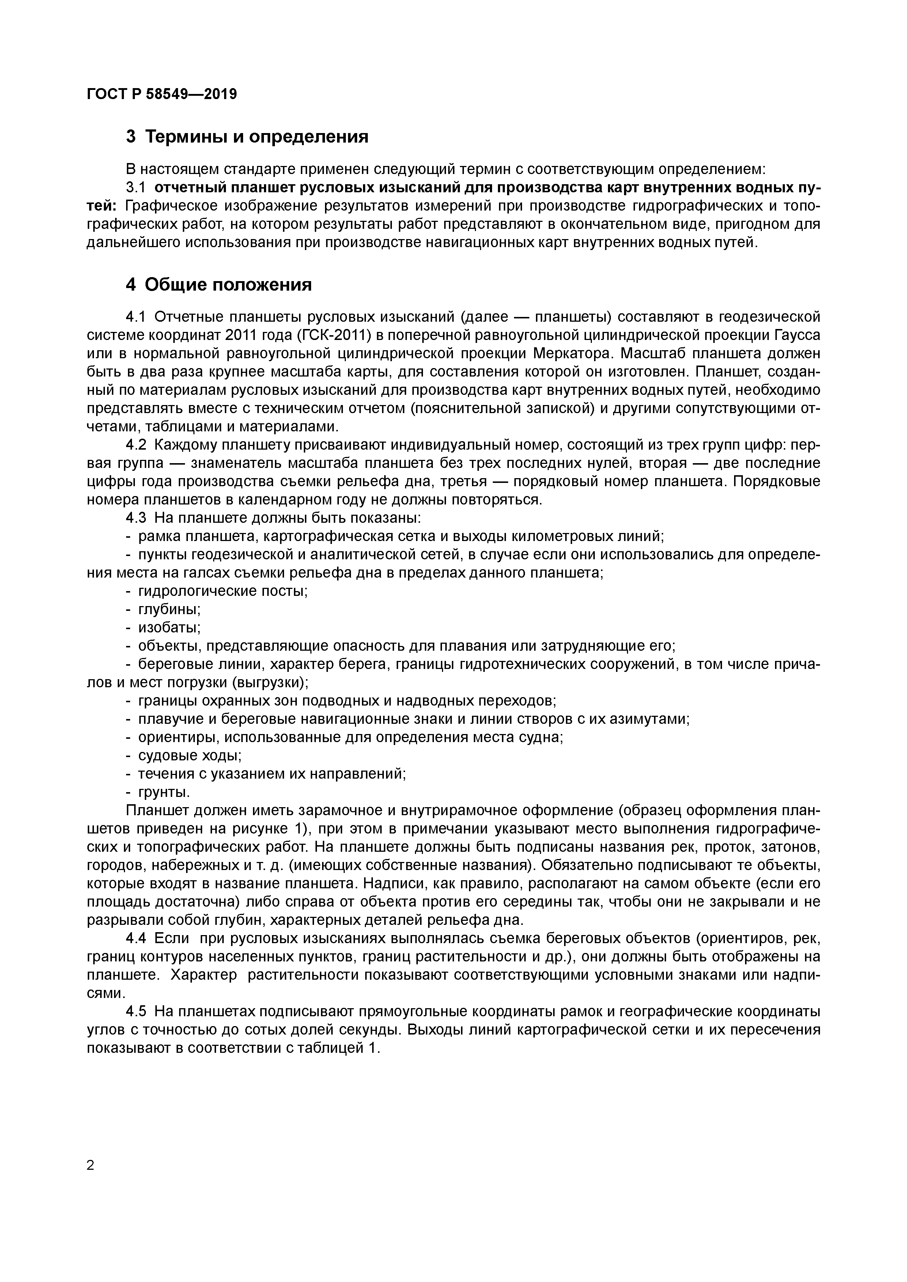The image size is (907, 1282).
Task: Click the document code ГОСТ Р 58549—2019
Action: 162,94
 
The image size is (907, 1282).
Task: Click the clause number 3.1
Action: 136,187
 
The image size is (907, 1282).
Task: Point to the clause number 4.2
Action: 136,445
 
